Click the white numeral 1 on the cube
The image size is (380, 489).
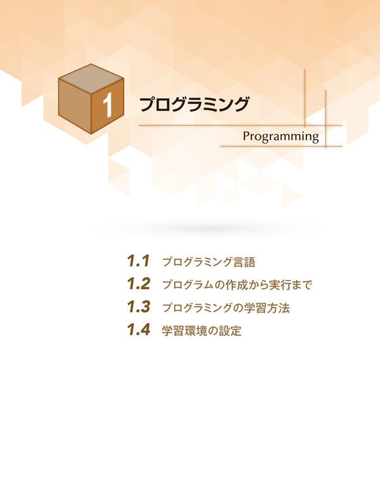coord(108,105)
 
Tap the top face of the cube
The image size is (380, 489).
coord(91,79)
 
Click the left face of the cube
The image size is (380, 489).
coord(75,106)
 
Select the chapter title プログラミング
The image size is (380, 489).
coord(194,105)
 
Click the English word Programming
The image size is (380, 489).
coord(281,137)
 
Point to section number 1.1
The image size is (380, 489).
coord(139,261)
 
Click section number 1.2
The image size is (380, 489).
coord(139,284)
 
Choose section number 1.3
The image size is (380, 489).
coord(139,307)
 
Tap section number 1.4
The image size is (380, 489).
coord(139,329)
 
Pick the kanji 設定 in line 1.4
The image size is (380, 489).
coord(231,331)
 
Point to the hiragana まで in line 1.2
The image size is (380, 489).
coord(301,285)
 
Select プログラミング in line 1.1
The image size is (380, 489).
coord(198,262)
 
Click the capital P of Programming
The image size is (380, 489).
coord(246,136)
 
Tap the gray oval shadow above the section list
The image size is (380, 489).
coord(210,228)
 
